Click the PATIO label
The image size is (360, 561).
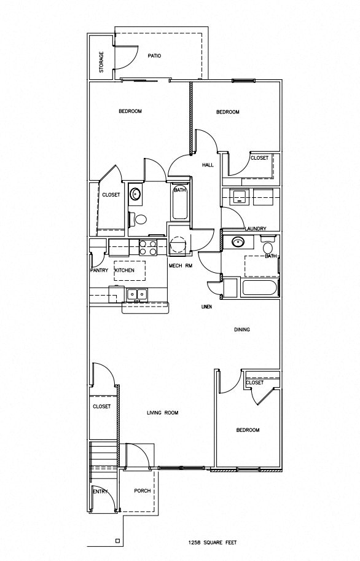[154, 55]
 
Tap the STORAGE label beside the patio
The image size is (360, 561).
[101, 62]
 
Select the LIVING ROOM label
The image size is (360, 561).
[162, 413]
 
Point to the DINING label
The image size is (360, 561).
[241, 330]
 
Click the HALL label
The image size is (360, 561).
[207, 165]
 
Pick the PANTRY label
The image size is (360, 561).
[98, 270]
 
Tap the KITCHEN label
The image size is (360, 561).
[124, 270]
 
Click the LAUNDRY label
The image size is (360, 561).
[255, 229]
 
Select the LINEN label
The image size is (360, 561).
[207, 307]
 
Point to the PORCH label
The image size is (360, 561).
[143, 491]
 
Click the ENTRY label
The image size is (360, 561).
[100, 492]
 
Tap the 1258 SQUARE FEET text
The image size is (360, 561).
[211, 543]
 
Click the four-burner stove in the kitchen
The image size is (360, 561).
[147, 247]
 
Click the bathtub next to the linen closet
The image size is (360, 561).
[258, 288]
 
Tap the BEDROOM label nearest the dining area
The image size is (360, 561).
[248, 430]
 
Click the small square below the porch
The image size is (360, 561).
[117, 541]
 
